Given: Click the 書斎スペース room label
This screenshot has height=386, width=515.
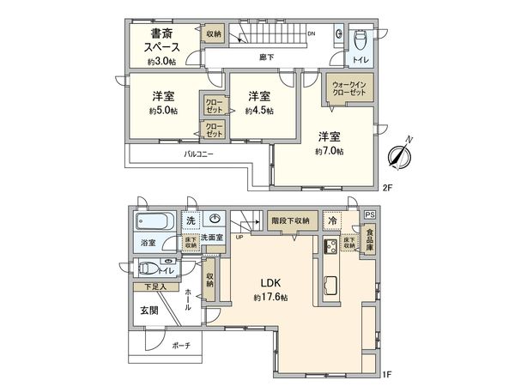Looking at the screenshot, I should pos(163,41).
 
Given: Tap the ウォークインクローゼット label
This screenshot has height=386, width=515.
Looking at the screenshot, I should pos(348,88).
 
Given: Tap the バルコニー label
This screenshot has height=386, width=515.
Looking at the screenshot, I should pos(198,154).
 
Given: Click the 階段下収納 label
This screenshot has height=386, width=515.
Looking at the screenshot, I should pos(291,219).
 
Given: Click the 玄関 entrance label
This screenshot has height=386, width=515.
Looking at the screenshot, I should pos(149,311).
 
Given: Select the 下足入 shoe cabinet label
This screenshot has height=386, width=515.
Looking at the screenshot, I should pos(154,287).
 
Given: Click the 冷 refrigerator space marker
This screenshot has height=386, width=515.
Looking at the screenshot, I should pos(330,219).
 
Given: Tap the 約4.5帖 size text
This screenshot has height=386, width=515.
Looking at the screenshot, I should pos(258,111).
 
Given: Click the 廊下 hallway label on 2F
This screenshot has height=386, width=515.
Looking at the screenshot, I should pos(267,57).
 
